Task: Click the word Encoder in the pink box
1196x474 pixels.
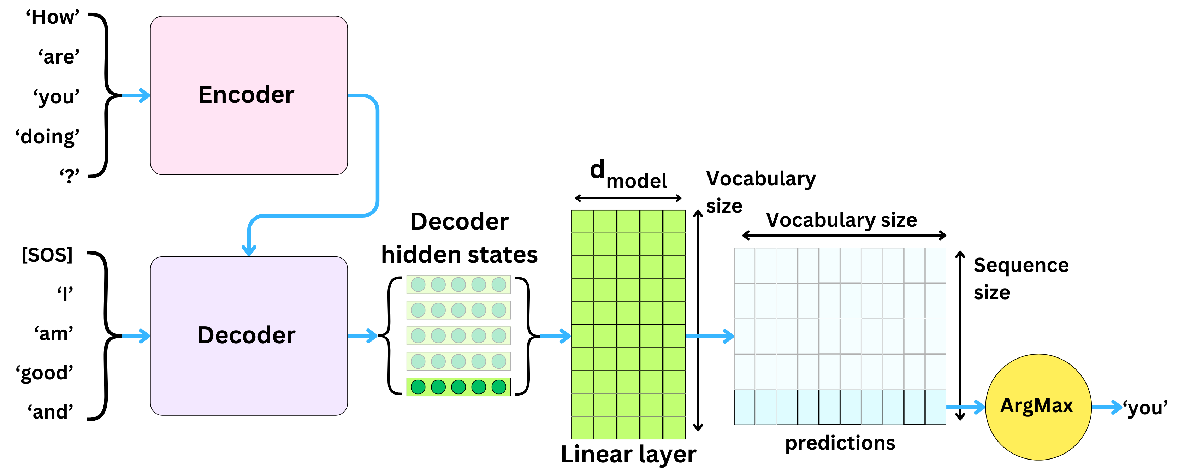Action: coord(246,95)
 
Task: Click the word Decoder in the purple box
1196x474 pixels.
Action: coord(246,335)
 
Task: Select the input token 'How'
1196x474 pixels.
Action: coord(53,18)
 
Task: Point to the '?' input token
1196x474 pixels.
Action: coord(69,176)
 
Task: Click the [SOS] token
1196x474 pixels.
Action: coord(47,255)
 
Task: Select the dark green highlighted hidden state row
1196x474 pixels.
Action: coord(458,387)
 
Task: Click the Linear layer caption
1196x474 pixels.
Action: coord(628,454)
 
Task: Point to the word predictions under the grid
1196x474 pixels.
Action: coord(840,443)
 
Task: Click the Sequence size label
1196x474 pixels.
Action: coord(1020,279)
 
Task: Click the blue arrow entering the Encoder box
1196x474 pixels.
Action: coord(136,96)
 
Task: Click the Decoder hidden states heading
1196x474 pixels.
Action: coord(459,238)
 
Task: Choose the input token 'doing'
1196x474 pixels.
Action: coord(47,137)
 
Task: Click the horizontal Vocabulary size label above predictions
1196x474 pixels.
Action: coord(841,220)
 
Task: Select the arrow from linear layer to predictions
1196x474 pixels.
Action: coord(709,336)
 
